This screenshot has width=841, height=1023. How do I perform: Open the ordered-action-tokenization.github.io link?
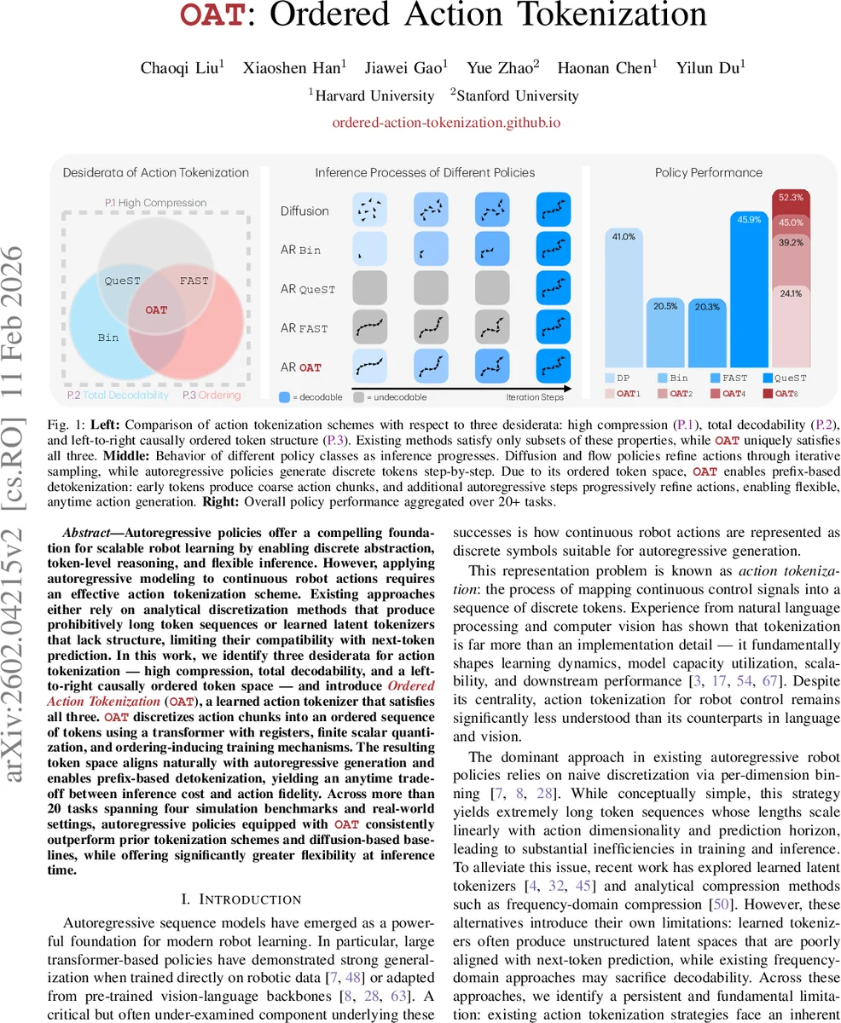pos(446,122)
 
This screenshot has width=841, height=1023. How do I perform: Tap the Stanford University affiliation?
pos(518,95)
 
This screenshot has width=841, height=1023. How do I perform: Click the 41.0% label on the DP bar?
pos(623,236)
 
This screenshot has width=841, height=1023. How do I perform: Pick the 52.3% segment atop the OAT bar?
pos(791,197)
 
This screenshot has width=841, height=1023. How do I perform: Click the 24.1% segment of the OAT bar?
pos(791,292)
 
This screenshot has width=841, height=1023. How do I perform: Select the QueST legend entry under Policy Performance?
pos(789,378)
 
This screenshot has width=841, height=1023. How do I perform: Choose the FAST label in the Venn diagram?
pos(194,280)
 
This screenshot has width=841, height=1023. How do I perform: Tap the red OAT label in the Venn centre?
pos(156,310)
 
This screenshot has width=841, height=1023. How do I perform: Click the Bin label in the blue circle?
pos(108,338)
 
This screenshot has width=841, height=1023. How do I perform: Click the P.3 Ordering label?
pos(212,395)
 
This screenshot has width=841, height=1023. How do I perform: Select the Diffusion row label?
pos(304,211)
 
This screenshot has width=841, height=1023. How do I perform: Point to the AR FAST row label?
pos(304,328)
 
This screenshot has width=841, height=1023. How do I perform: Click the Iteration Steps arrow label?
pos(535,396)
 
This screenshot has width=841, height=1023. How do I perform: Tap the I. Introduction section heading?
pos(242,899)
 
